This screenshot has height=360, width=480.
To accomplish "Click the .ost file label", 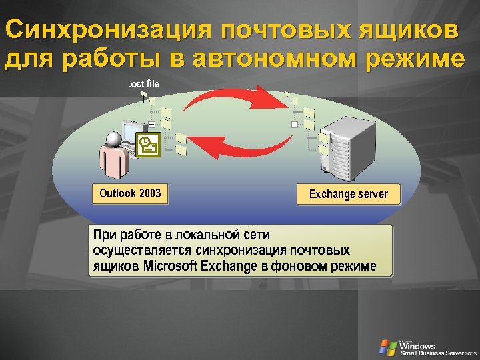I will click(x=144, y=84).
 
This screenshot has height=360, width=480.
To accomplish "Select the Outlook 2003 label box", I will click(x=130, y=194).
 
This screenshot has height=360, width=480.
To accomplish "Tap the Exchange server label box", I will click(x=348, y=195).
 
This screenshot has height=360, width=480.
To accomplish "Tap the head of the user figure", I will click(x=113, y=138).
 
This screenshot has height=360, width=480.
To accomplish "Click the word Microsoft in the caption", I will click(x=170, y=267).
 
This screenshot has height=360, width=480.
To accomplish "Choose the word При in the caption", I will click(x=105, y=235).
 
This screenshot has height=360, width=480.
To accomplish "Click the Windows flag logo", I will click(x=387, y=347).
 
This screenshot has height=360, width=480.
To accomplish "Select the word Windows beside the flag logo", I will click(x=418, y=345).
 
